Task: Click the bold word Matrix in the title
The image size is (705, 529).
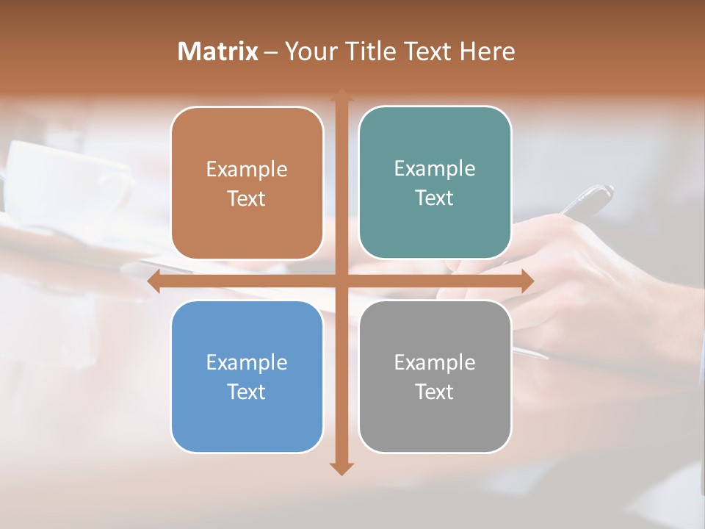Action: tap(218, 51)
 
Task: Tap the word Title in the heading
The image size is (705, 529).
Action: tap(372, 51)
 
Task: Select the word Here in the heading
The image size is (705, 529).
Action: tap(488, 51)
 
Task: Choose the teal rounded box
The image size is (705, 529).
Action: tap(435, 220)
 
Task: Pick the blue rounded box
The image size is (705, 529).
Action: tap(247, 419)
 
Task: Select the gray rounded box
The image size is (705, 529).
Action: tap(435, 419)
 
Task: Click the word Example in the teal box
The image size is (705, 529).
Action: tap(435, 169)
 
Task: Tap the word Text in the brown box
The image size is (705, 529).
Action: tap(247, 199)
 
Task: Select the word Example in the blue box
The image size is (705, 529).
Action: tap(247, 362)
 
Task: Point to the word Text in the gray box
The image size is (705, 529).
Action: tap(435, 392)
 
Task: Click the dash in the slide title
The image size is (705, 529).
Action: tap(271, 52)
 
